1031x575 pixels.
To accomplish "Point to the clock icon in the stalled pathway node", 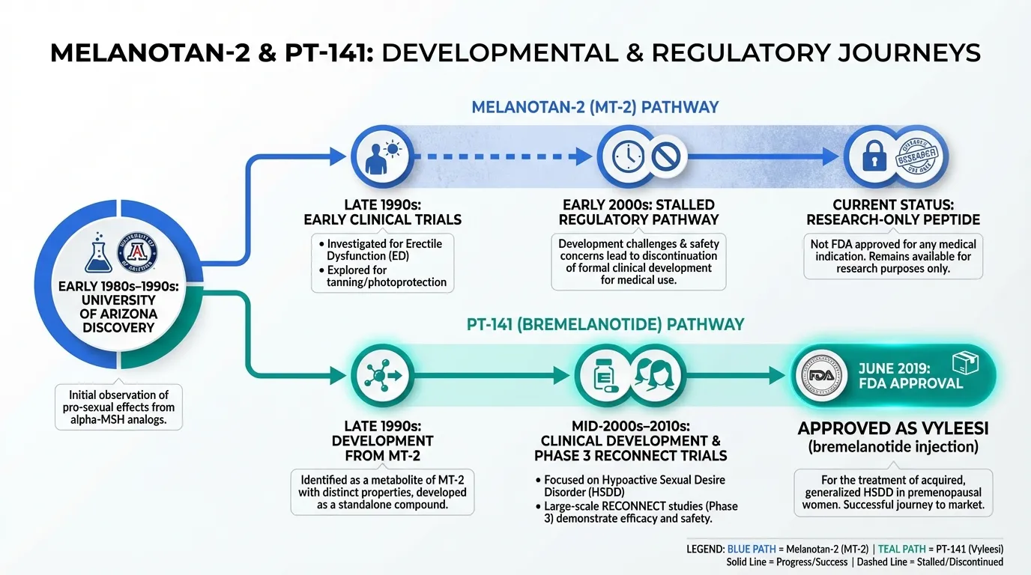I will click(627, 156).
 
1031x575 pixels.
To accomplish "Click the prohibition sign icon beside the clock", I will click(665, 156).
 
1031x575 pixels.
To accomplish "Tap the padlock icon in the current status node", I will click(874, 156).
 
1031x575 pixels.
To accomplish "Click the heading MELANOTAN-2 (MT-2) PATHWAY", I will click(595, 107).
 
